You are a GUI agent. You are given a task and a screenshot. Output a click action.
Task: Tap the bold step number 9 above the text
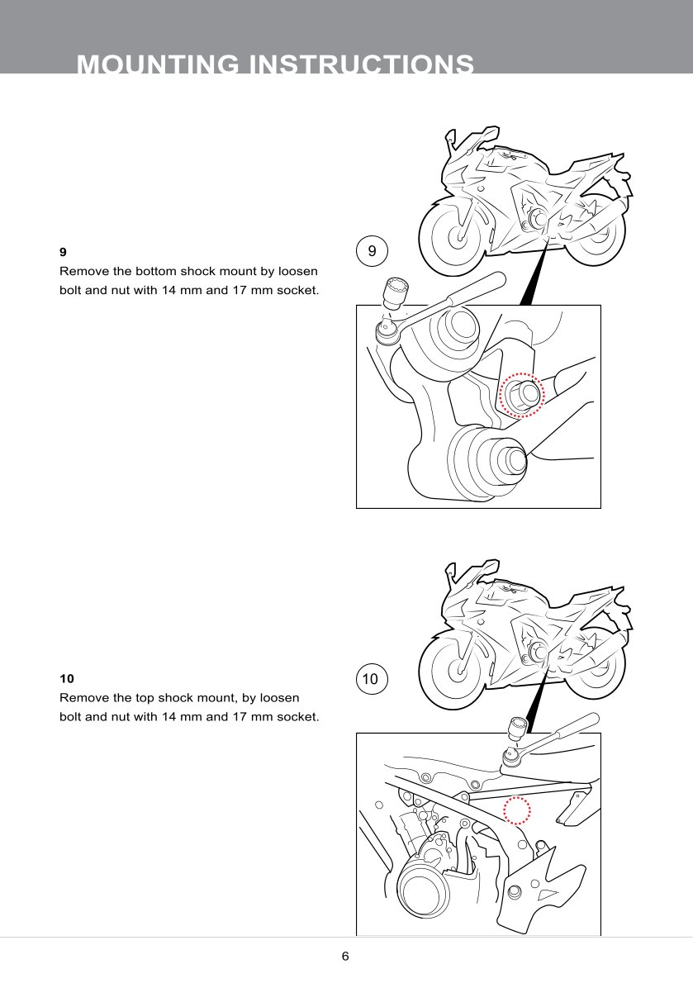click(x=63, y=251)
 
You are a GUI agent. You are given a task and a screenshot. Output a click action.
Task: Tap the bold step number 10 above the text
click(x=67, y=678)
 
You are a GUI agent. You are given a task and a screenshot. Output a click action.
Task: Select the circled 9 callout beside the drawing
click(x=372, y=251)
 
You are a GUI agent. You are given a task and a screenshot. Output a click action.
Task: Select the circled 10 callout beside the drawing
click(x=369, y=680)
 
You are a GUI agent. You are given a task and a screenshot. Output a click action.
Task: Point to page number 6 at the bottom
click(x=345, y=957)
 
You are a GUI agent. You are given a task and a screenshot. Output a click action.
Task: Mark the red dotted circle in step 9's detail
click(x=521, y=396)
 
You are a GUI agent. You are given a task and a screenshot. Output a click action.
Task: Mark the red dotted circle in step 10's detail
click(x=518, y=810)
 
